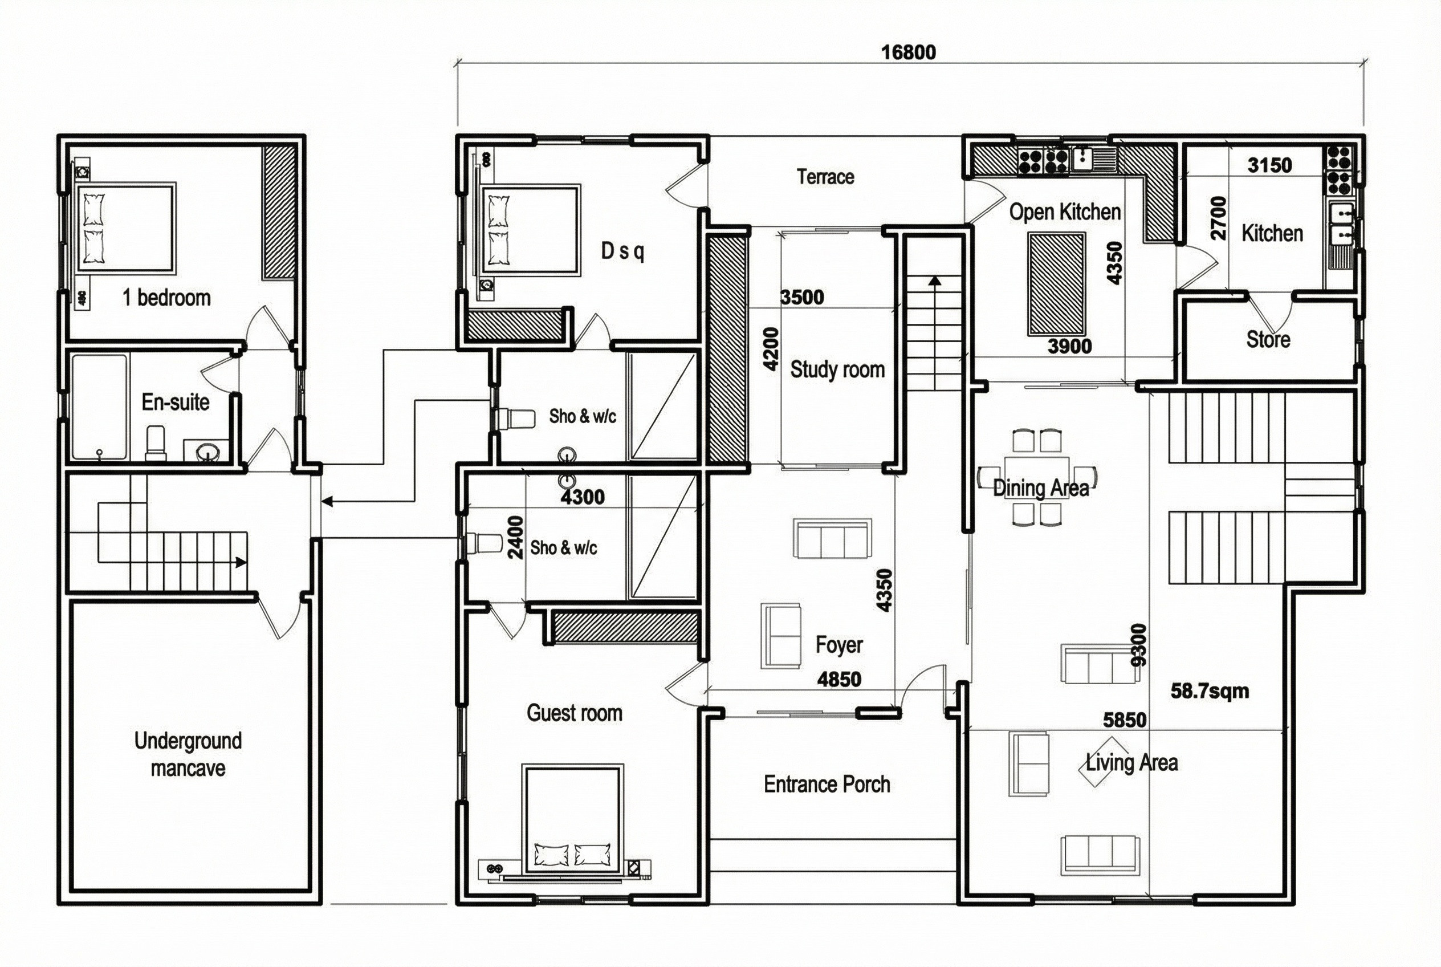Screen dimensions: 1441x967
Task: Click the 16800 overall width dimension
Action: tap(908, 52)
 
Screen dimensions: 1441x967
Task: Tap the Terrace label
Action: tap(825, 177)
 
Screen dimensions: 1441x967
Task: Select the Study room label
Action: tap(837, 369)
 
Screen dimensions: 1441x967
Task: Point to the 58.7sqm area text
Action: tap(1210, 690)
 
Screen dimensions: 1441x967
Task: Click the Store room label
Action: tap(1268, 339)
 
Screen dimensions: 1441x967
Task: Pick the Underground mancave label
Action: tap(188, 754)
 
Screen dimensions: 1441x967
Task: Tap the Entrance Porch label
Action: tap(827, 785)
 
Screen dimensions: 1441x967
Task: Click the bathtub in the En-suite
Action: tap(99, 407)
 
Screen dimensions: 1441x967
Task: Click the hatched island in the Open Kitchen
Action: tap(1056, 284)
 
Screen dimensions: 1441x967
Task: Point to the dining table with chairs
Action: tap(1036, 477)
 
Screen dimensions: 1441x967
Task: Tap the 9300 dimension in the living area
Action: tap(1139, 645)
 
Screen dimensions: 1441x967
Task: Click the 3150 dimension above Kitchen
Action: tap(1269, 165)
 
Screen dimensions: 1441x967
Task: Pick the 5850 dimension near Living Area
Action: tap(1125, 720)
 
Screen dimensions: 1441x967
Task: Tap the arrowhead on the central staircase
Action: tap(935, 281)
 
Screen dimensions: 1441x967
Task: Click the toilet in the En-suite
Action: tap(156, 443)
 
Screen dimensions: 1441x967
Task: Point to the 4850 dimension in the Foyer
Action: tap(839, 679)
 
